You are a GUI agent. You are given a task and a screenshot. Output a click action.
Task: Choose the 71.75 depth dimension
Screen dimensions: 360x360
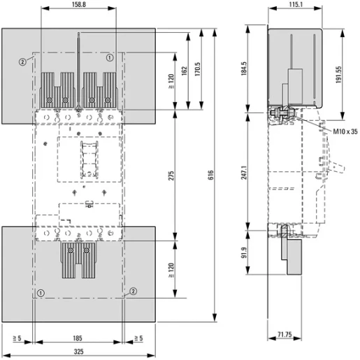284,336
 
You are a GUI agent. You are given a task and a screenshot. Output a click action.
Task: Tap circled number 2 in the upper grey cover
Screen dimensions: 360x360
23,61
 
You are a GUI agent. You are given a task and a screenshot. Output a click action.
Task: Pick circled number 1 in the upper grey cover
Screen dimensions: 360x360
110,59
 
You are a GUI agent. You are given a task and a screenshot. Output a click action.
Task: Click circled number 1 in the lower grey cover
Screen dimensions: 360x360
41,292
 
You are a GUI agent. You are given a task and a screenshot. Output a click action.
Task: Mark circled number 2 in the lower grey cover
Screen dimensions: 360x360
134,292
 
